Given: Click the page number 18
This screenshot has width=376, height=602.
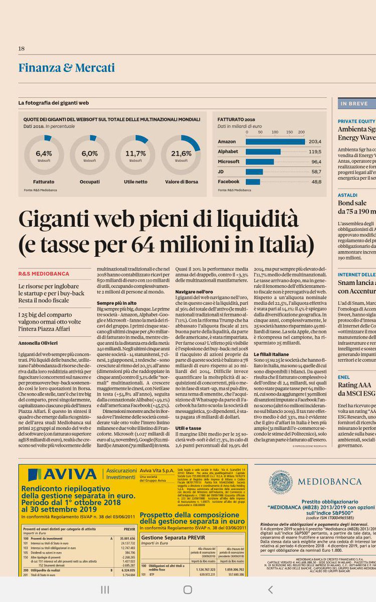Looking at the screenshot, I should [22, 49].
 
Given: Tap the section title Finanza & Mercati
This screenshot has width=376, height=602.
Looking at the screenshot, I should [67, 68].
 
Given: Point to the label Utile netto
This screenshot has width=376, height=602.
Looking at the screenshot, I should [135, 182].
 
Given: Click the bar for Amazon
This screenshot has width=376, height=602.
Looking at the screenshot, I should [275, 142].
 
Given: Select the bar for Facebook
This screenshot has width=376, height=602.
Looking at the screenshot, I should [253, 182].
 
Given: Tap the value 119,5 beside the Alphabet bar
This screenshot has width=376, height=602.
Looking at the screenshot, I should [315, 152].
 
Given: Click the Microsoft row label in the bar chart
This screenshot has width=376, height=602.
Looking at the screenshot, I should [229, 162].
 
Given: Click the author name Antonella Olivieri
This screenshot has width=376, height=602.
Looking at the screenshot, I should [38, 343].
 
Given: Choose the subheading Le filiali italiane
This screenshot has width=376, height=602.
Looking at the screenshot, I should [272, 354].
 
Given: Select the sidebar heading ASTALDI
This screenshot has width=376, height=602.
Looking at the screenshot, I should [347, 195].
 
